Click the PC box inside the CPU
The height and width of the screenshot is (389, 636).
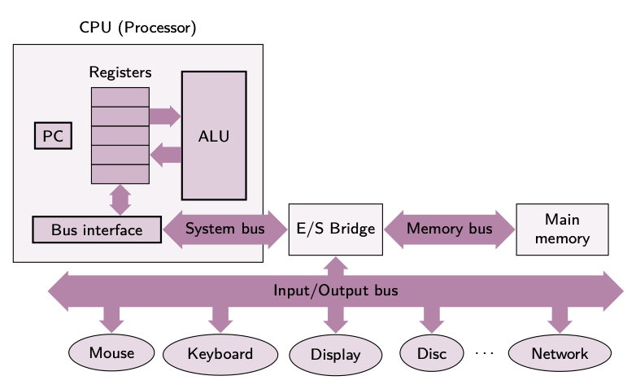[53, 136]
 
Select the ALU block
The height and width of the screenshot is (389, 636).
[214, 136]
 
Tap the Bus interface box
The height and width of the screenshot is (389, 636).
[97, 229]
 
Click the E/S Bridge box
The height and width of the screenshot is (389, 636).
[335, 229]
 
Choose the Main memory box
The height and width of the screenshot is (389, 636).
[562, 229]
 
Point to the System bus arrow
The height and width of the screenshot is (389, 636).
[225, 229]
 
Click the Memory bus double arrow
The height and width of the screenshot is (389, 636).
[450, 229]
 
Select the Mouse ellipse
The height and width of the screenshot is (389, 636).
[111, 353]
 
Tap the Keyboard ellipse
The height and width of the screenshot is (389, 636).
[220, 354]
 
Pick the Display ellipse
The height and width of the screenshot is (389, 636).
[335, 355]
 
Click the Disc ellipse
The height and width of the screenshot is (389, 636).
[432, 354]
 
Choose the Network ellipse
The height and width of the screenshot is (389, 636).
[560, 354]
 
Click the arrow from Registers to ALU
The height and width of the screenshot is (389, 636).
[164, 116]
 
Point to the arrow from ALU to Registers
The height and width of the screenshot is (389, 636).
[165, 155]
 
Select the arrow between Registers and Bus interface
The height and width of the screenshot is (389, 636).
[120, 199]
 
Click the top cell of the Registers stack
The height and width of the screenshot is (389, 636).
[120, 97]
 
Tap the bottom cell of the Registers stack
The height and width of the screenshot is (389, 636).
[120, 174]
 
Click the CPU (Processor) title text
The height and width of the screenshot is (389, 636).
[137, 28]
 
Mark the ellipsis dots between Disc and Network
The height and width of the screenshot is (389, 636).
[484, 354]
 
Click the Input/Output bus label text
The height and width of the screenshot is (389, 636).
[335, 291]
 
